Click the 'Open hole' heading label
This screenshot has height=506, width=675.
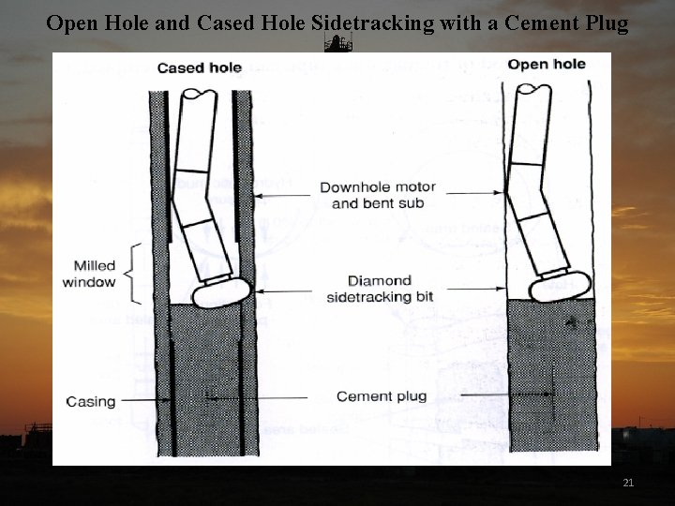pos(547,65)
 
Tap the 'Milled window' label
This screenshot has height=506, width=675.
pos(89,274)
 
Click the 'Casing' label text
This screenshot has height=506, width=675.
pos(91,402)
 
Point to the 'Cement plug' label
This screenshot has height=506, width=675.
pos(381,396)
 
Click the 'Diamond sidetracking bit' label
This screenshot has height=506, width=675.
pos(379,289)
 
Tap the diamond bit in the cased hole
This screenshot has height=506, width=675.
pos(221,291)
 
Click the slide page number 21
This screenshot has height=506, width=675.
pos(628,483)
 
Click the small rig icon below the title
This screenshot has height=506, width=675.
pos(337,44)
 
